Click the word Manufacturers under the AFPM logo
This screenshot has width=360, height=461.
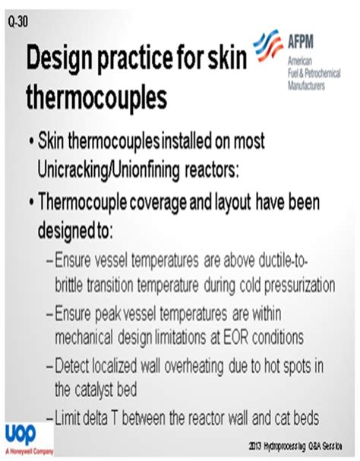point(306,86)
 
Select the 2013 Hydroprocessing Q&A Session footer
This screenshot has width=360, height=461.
point(300,444)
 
